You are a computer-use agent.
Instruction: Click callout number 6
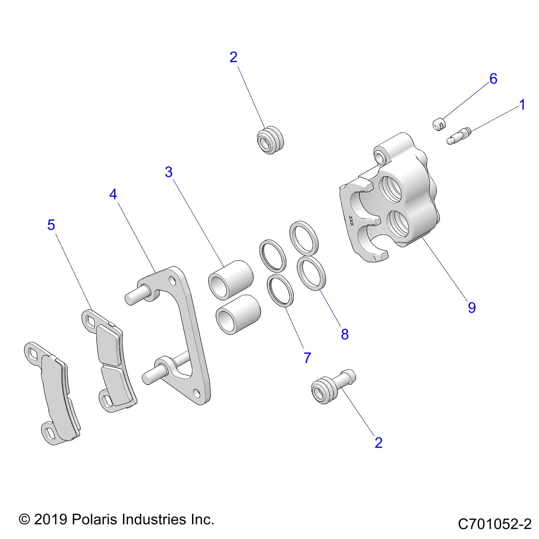(493, 79)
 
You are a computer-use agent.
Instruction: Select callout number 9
(472, 308)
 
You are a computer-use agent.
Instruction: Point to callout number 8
(345, 334)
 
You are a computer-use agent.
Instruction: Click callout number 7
(307, 358)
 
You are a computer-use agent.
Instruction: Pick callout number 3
(169, 172)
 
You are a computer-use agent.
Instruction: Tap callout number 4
(113, 194)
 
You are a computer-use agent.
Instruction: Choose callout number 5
(51, 225)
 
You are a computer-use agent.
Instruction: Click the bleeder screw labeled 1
(459, 136)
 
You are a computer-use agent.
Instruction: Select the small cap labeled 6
(439, 124)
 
